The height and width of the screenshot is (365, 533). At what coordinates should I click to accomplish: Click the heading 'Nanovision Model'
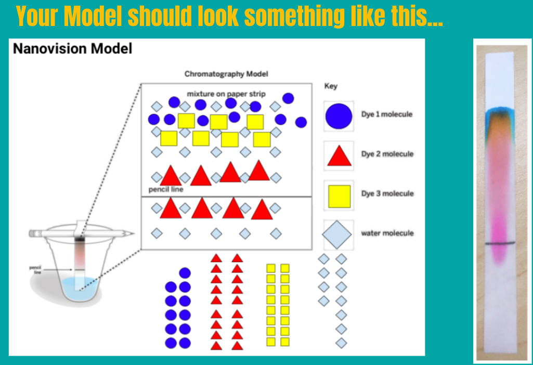click(72, 49)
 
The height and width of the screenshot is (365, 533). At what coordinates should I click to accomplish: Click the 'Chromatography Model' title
click(226, 74)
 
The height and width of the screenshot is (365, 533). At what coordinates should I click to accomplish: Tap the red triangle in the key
click(339, 156)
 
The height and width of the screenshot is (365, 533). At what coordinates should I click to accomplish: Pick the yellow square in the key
click(339, 195)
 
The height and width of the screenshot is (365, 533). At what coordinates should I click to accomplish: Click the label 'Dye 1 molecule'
click(387, 114)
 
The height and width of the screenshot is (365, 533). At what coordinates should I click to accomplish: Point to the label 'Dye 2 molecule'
click(387, 154)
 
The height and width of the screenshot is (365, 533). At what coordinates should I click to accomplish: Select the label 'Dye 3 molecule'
click(387, 193)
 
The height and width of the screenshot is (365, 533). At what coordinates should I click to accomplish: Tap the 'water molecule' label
click(387, 233)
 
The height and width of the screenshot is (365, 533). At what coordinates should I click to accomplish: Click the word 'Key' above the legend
click(331, 86)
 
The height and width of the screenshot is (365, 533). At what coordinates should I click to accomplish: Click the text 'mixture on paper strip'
click(226, 94)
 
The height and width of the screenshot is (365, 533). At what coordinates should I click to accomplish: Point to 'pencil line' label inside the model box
click(166, 190)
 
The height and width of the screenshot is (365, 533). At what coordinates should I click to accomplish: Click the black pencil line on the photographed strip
click(501, 243)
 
